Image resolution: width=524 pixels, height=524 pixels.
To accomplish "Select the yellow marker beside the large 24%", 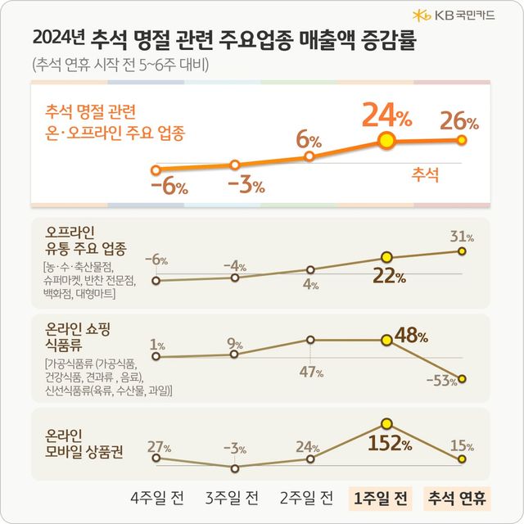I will coord(386,141).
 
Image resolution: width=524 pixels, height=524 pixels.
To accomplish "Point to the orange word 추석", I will coord(424,173).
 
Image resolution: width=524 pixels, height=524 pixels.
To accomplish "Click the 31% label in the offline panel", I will coord(462,237).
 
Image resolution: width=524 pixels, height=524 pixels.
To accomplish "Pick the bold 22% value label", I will coord(389,276).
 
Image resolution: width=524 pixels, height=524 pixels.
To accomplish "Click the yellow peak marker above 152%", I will coord(386,424).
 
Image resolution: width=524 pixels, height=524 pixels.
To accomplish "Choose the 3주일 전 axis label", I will coord(232,498).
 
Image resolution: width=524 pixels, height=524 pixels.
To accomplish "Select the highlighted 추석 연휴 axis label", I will coord(456,498).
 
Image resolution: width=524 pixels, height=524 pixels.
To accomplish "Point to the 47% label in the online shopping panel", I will coord(310,372).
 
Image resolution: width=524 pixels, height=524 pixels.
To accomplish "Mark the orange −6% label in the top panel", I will coord(169,186).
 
